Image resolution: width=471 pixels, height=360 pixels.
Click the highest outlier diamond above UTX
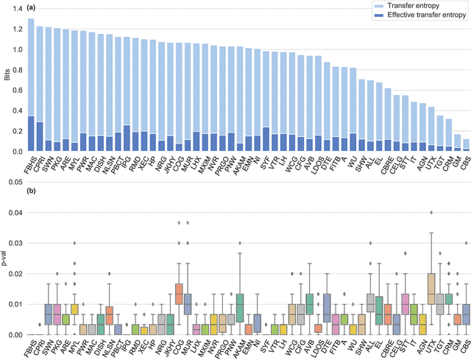431,212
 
